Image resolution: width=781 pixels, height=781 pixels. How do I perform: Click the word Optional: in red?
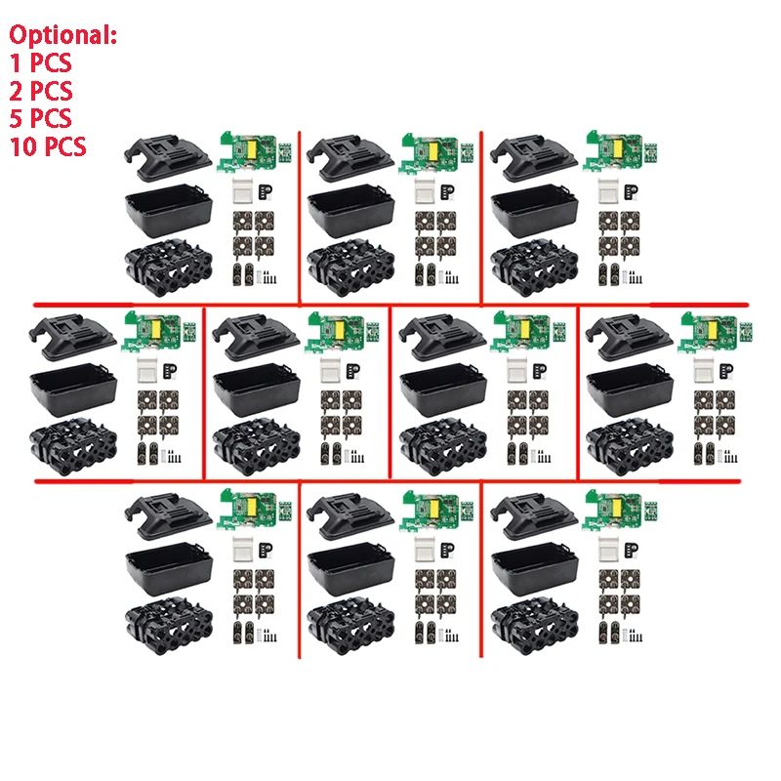coord(63,36)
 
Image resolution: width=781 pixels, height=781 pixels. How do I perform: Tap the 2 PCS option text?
coord(40,92)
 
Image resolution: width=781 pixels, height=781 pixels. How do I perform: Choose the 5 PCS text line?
coord(40,119)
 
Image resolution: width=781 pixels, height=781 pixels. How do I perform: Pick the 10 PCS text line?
coord(48,146)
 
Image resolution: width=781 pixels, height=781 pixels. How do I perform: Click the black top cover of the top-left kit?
coord(168,156)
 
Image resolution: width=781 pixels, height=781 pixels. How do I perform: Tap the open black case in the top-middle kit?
coord(349,209)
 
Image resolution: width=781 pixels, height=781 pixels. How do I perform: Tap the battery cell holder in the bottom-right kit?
coord(533,625)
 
